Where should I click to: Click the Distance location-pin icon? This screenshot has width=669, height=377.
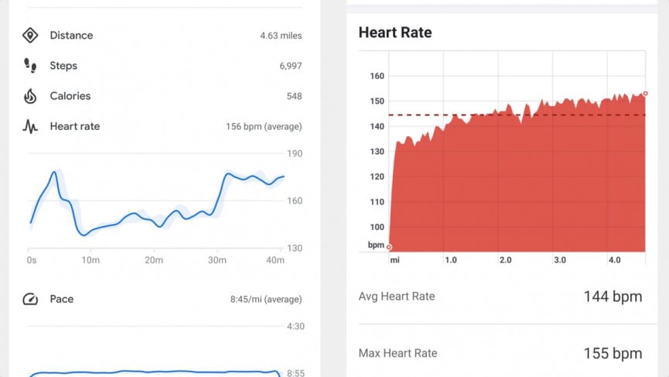(x=30, y=36)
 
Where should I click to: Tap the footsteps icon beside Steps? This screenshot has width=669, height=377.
(x=30, y=66)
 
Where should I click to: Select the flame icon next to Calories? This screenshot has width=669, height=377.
(x=30, y=96)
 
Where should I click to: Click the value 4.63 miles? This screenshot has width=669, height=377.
(x=281, y=36)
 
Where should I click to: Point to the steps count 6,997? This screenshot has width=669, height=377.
(x=290, y=67)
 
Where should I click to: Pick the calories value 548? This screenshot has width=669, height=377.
(x=293, y=97)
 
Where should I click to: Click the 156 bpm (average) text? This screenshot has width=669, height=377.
(x=264, y=127)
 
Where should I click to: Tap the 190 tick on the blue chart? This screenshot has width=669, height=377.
(x=295, y=153)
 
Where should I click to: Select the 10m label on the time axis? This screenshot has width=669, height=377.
(x=90, y=260)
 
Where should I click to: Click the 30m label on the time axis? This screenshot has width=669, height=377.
(x=217, y=260)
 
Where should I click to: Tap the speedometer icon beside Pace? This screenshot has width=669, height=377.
(x=30, y=299)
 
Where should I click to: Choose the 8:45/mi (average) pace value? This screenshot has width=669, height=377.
(x=266, y=300)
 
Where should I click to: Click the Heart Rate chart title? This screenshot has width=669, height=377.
(x=395, y=33)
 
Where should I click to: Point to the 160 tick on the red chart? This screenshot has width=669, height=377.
(x=377, y=76)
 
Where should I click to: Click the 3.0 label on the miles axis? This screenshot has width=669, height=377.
(x=560, y=260)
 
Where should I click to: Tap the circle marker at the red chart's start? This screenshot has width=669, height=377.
(x=389, y=247)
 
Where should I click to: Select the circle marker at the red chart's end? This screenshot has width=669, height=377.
(x=644, y=94)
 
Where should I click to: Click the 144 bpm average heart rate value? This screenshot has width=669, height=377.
(x=612, y=296)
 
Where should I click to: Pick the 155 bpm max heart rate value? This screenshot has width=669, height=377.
(x=612, y=354)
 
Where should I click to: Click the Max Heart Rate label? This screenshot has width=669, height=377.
(x=398, y=354)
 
